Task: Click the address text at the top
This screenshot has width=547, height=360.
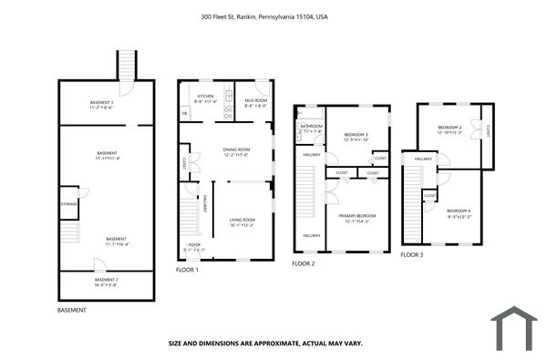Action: (263, 15)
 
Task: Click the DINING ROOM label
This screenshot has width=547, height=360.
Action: (236, 150)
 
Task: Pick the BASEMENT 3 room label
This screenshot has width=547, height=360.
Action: (101, 102)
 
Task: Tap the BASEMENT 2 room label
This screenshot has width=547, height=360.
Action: (108, 281)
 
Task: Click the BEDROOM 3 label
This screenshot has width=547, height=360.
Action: (355, 136)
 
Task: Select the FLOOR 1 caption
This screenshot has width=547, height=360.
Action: (187, 271)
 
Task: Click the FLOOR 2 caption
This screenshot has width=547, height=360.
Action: (303, 263)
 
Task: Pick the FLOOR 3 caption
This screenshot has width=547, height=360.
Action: (412, 255)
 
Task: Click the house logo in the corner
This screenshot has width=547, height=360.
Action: (514, 328)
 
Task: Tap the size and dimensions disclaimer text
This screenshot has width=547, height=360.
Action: (264, 344)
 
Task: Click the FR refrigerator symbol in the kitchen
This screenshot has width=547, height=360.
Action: (185, 114)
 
